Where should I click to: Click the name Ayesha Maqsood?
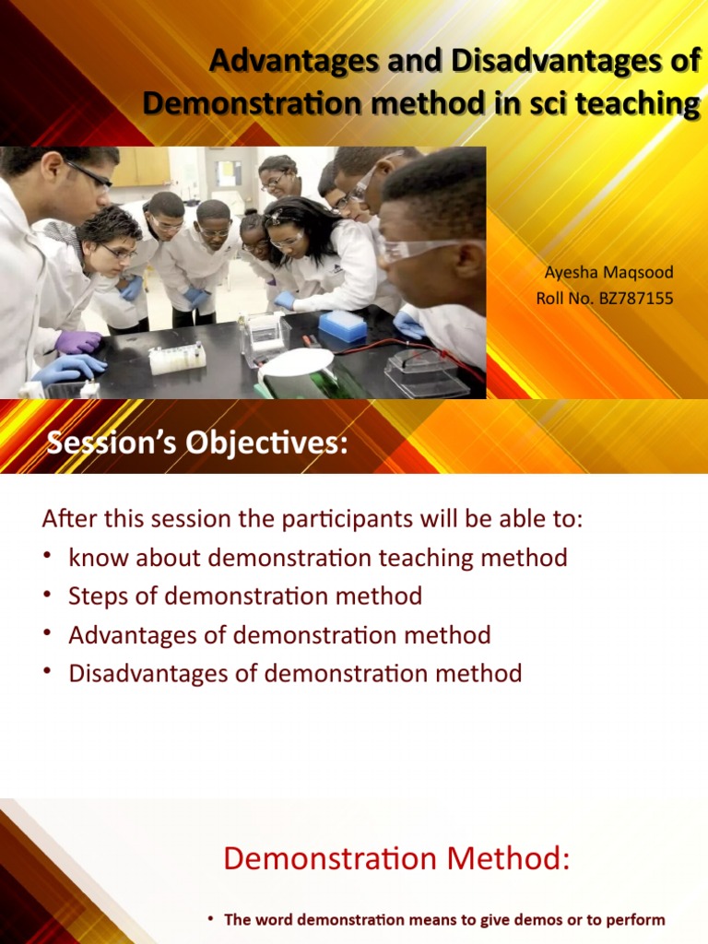[609, 273]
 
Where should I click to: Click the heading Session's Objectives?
[198, 444]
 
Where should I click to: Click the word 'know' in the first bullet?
[95, 558]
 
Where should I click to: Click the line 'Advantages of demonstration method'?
[279, 635]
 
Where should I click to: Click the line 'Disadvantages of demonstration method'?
[295, 674]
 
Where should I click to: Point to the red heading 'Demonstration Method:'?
[396, 859]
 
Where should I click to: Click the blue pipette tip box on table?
[342, 325]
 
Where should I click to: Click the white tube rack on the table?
[177, 358]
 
